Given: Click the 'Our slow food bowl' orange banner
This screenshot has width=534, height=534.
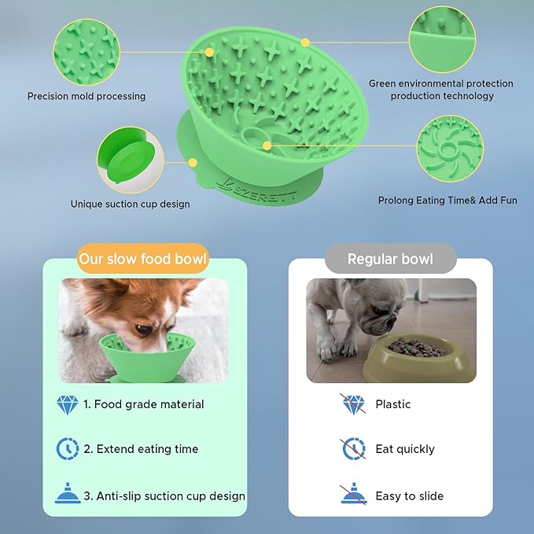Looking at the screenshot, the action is click(143, 259).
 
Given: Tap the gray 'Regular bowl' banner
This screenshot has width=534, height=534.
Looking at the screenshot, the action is click(390, 259).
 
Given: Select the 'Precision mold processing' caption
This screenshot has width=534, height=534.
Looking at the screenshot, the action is click(87, 96).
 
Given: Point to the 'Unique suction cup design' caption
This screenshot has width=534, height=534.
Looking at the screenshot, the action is click(130, 204).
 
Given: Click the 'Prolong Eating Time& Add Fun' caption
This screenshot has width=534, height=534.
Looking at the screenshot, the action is click(447, 201).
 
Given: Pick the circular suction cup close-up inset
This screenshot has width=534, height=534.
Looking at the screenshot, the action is click(130, 160).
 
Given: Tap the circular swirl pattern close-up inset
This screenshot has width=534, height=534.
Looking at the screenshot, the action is click(450, 149).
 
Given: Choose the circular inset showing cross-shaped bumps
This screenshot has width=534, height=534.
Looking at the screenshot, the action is click(87, 52).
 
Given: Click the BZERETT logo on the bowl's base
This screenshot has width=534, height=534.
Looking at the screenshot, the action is click(256, 190).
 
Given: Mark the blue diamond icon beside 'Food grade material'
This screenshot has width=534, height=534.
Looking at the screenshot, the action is click(67, 405).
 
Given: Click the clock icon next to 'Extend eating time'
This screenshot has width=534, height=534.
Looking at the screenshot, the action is click(68, 448).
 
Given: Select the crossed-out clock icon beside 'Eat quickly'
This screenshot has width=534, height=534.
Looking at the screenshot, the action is click(353, 448).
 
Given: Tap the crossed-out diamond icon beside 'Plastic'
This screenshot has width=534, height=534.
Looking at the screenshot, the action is click(353, 404).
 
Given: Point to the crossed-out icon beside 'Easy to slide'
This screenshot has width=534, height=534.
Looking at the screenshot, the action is click(353, 494).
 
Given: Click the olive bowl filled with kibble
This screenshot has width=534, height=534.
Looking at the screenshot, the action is click(419, 358).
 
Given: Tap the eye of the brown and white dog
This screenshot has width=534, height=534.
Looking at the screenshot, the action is click(144, 329).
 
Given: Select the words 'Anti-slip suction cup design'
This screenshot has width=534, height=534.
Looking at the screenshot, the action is click(171, 496).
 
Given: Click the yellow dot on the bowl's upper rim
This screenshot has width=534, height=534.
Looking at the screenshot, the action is click(305, 42).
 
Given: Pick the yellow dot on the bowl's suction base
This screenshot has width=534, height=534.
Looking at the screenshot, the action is click(193, 163).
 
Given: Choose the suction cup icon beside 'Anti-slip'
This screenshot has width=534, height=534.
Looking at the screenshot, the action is click(68, 493).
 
